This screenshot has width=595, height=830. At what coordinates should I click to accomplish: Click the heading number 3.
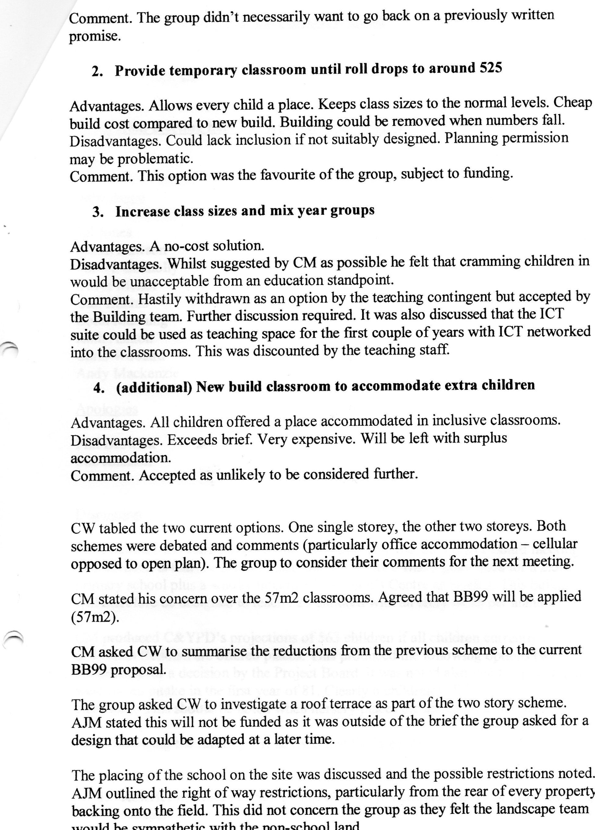point(97,212)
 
